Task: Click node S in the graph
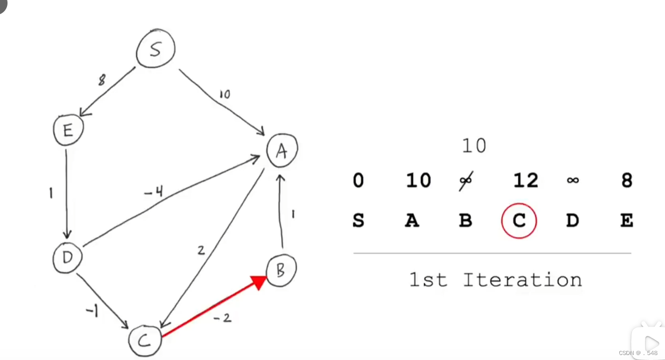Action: (x=156, y=49)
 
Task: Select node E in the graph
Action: (x=68, y=130)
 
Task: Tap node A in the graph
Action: (x=282, y=150)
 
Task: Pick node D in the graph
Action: (x=68, y=257)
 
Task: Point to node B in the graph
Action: (x=281, y=271)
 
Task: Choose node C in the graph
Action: (x=144, y=340)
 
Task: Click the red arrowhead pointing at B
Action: (x=258, y=281)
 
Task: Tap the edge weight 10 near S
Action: (x=224, y=94)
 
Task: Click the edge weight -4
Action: (x=154, y=191)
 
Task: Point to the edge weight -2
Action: (x=222, y=317)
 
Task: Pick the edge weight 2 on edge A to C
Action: (x=201, y=250)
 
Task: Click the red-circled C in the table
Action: (x=519, y=220)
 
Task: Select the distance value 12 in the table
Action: (x=525, y=180)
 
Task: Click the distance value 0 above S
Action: (x=358, y=180)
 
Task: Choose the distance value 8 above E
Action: (x=626, y=180)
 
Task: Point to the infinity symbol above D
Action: (x=573, y=180)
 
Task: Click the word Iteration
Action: (x=522, y=279)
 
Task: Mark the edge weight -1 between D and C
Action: (x=92, y=311)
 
